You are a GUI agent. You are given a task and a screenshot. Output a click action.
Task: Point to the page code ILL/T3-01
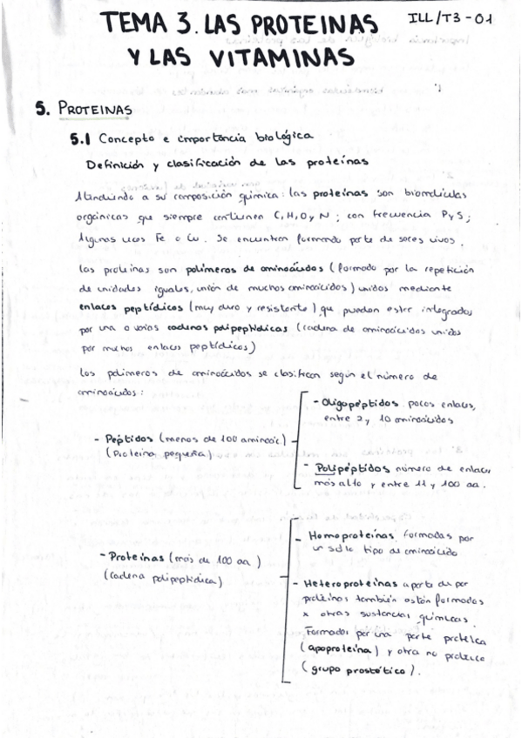451,18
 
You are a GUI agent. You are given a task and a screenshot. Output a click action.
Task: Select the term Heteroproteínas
351,584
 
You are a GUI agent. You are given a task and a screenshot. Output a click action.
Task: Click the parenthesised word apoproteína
342,650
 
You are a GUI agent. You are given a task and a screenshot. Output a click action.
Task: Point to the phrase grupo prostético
358,669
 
